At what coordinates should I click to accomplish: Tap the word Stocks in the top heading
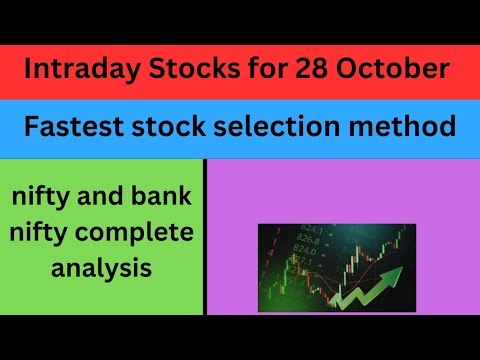point(176,73)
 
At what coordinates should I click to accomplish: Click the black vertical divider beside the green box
point(204,235)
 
